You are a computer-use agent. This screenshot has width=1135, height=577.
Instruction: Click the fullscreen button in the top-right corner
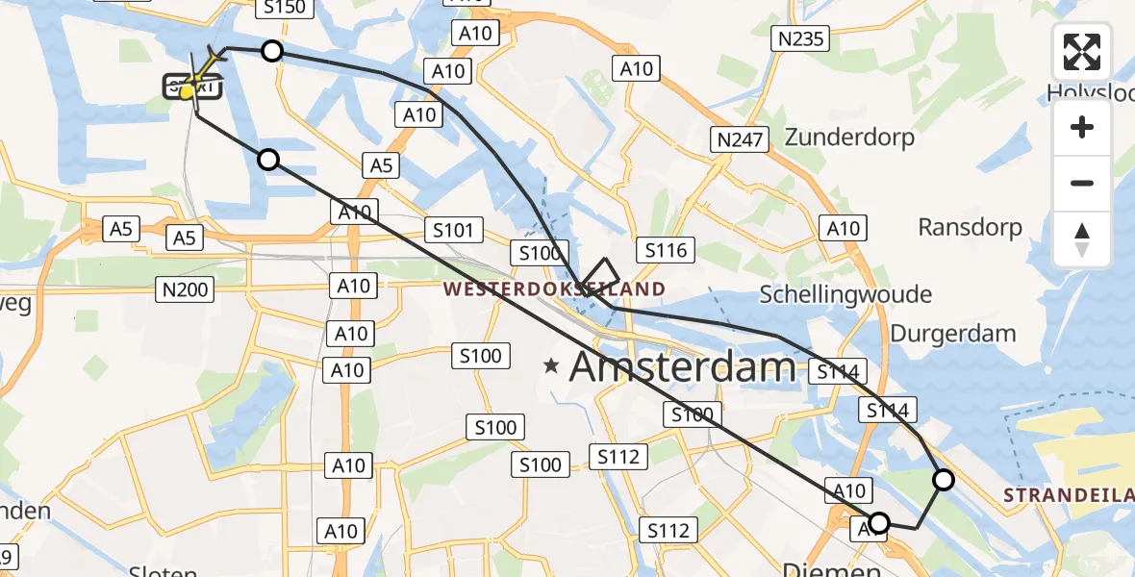(x=1082, y=52)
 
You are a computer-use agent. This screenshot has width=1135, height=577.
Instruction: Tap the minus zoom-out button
(x=1082, y=183)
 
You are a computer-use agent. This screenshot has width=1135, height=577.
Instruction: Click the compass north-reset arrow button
(x=1082, y=239)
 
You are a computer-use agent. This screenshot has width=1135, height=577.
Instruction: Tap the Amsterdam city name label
(x=684, y=367)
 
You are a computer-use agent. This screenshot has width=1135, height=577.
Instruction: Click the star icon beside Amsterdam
(x=551, y=366)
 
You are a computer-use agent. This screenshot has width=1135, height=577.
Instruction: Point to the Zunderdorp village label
(x=849, y=138)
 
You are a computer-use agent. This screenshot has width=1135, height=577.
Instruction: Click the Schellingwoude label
(x=845, y=293)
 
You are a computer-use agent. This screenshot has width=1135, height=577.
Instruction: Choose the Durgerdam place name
(x=953, y=334)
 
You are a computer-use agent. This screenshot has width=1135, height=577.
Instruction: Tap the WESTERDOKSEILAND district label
(x=553, y=288)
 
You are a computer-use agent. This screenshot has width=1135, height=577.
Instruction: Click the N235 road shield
(x=799, y=38)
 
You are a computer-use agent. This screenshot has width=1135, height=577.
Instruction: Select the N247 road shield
(x=740, y=139)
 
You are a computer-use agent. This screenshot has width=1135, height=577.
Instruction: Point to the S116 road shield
(x=667, y=251)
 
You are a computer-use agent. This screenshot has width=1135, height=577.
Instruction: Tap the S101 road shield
(x=452, y=230)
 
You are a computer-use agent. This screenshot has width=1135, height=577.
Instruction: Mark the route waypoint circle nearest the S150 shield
(x=272, y=51)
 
